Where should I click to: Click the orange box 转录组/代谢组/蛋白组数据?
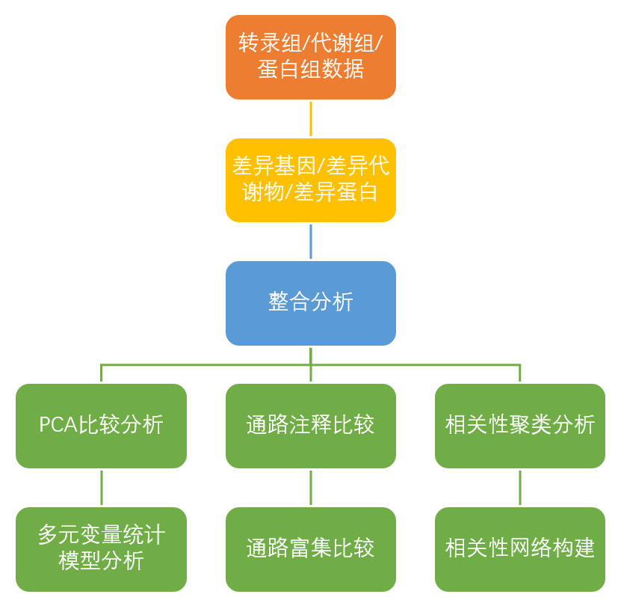click(310, 57)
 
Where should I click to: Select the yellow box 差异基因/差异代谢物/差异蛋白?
click(310, 180)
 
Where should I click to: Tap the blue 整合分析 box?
click(310, 303)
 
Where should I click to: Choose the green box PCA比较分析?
click(101, 426)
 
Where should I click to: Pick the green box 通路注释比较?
click(310, 426)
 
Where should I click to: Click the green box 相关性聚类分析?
click(519, 426)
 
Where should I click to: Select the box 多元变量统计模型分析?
click(101, 549)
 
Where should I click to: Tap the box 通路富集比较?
click(310, 549)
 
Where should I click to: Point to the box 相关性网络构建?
click(519, 549)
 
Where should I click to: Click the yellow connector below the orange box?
click(310, 118)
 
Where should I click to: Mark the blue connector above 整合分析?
click(310, 241)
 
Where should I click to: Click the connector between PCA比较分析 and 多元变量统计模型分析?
click(101, 487)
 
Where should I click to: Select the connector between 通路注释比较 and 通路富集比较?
click(310, 487)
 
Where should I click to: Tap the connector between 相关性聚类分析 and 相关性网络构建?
click(519, 487)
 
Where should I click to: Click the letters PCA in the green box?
click(58, 426)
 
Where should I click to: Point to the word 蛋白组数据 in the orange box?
click(311, 70)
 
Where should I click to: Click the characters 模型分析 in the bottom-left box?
click(101, 561)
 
